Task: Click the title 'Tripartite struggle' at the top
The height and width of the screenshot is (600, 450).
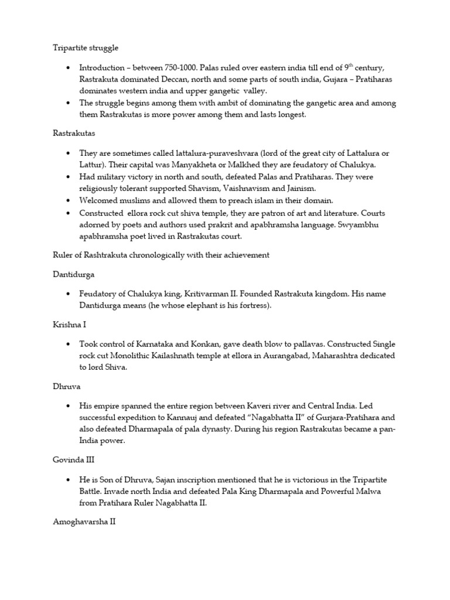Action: tap(85, 47)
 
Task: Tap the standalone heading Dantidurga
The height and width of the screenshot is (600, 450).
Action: tap(73, 274)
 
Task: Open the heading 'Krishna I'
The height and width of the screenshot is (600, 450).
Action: tap(69, 324)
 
